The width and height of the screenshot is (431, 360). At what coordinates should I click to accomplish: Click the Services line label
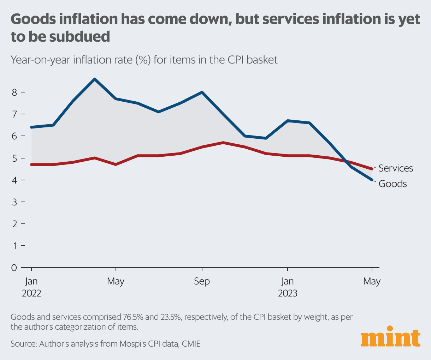(395, 168)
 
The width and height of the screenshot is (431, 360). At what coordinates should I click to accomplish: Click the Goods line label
(392, 184)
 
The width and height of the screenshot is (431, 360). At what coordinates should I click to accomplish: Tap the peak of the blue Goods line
(95, 79)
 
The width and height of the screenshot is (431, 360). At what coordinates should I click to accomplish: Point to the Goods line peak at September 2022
(202, 92)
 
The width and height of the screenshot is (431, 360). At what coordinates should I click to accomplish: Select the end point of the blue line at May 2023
(372, 180)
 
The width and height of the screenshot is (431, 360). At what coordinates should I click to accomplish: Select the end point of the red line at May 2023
(372, 169)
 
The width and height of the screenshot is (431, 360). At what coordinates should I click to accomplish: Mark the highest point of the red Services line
(223, 143)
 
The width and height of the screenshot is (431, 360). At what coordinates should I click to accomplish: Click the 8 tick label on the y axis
(14, 92)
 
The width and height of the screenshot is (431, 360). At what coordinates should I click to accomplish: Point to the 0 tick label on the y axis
(14, 268)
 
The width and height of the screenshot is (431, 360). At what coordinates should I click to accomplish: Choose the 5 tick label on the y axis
(14, 158)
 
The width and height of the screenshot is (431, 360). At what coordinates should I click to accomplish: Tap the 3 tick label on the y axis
(14, 202)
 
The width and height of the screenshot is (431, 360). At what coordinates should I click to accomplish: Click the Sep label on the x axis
(202, 281)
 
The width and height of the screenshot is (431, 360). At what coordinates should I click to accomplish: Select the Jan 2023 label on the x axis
(287, 287)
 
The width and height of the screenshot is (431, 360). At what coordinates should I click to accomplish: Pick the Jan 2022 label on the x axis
(31, 287)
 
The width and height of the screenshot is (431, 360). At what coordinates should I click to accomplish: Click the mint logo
(391, 338)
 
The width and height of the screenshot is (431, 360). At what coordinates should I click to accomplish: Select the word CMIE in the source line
(191, 343)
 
